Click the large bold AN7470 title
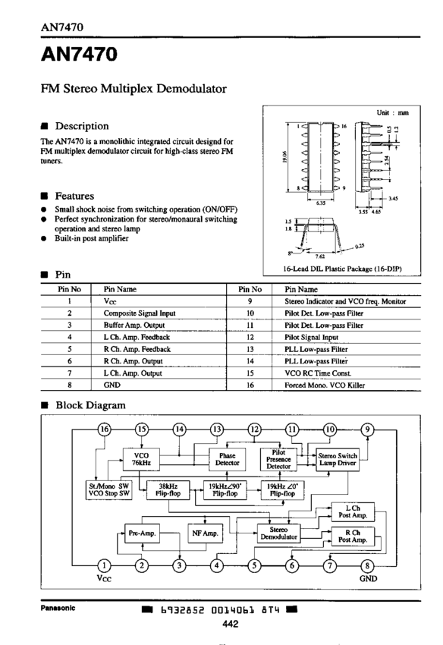tap(79, 54)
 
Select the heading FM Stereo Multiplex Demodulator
tap(134, 89)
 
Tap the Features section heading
tap(74, 196)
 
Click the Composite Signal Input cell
tap(140, 313)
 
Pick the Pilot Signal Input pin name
tap(311, 337)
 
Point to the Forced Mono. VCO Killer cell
tap(325, 385)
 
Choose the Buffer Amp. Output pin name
tap(134, 325)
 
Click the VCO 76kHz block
tap(141, 459)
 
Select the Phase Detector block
tap(227, 459)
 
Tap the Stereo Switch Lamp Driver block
tap(338, 459)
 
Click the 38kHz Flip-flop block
tap(168, 490)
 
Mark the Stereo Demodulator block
tap(278, 533)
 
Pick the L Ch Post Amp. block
tap(353, 511)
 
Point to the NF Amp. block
tap(205, 533)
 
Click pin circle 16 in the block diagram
tap(104, 429)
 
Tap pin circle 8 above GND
tap(367, 565)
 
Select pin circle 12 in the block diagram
tap(255, 429)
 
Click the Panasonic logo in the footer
tap(58, 608)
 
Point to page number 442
tap(230, 624)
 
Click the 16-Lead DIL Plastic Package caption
tap(342, 269)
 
